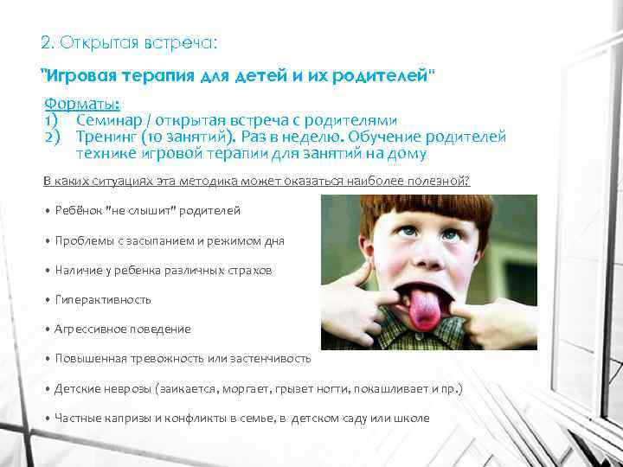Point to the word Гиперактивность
click(x=103, y=299)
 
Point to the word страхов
click(x=252, y=270)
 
